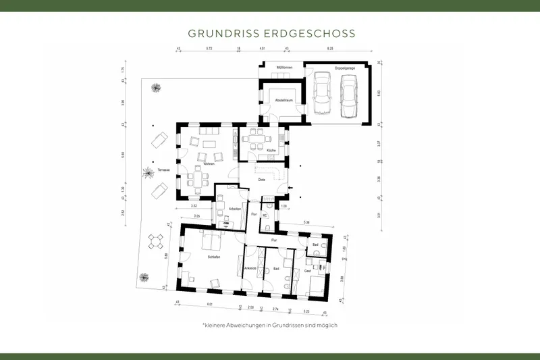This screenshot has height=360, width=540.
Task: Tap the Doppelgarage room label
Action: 344,68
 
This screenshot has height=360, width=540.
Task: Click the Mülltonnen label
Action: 283,68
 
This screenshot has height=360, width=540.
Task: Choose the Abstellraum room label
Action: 283,100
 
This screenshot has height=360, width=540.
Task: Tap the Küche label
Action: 270,150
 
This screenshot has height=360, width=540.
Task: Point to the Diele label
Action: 261,180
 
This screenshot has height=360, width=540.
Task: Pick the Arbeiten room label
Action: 235,209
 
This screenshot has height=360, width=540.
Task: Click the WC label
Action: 265,215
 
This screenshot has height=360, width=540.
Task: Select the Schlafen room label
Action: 207,257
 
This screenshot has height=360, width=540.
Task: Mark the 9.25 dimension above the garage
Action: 330,49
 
